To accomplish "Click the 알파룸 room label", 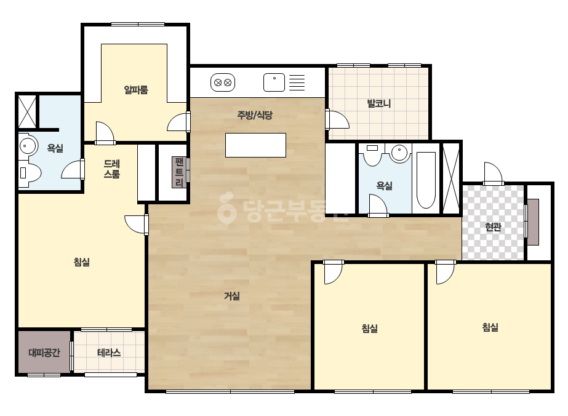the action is point(136,89).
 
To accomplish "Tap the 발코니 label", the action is point(379,103).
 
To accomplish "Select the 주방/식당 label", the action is point(255,115).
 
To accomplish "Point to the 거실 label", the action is point(232,296).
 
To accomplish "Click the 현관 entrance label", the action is point(493,227).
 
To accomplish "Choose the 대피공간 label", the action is point(44,353).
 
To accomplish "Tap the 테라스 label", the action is point(109,353).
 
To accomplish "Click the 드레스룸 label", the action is point(112,169).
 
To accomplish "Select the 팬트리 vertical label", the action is point(179,172).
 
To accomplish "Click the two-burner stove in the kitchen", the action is point(223,82).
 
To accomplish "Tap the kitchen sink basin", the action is point(274,82).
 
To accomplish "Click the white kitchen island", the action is point(256,145).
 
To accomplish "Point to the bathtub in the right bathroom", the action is point(426,180).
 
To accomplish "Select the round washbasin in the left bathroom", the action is point(28,146).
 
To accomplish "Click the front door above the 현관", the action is point(494,173).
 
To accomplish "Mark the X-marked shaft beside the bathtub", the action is point(451,178).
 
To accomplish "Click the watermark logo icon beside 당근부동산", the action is point(227,208).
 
